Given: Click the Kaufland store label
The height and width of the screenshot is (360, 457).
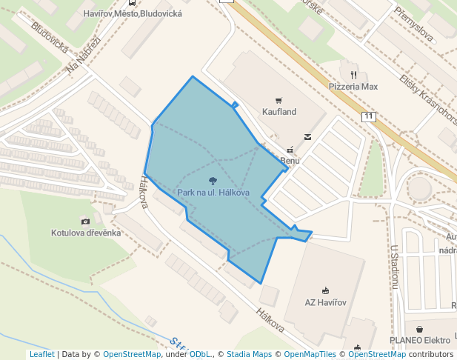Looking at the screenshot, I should pyautogui.click(x=278, y=112).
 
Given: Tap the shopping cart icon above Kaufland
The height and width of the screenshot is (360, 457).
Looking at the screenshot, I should pyautogui.click(x=278, y=101).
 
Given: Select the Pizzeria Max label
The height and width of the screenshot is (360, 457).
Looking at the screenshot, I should pyautogui.click(x=353, y=87).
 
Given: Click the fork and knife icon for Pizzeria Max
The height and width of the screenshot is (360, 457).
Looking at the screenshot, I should pyautogui.click(x=353, y=75).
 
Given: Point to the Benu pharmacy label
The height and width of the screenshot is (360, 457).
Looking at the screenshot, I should pyautogui.click(x=289, y=160).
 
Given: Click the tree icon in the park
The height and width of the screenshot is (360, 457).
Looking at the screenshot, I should pyautogui.click(x=213, y=181).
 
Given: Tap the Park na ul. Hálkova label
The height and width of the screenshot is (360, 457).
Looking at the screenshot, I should pyautogui.click(x=213, y=193).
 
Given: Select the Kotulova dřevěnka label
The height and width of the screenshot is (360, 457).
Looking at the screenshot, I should pyautogui.click(x=86, y=233).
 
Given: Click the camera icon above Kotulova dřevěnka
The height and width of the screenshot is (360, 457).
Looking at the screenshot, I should pyautogui.click(x=86, y=221).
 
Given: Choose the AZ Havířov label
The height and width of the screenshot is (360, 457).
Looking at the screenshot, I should pyautogui.click(x=325, y=302).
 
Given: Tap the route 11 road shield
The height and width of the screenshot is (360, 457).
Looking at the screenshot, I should pyautogui.click(x=369, y=117).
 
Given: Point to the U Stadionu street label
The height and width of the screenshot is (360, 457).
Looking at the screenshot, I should pyautogui.click(x=396, y=266).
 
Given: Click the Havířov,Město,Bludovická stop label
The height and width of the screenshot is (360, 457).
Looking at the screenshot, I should pyautogui.click(x=145, y=13).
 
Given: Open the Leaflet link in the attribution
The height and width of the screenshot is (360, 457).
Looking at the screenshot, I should pyautogui.click(x=41, y=354).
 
